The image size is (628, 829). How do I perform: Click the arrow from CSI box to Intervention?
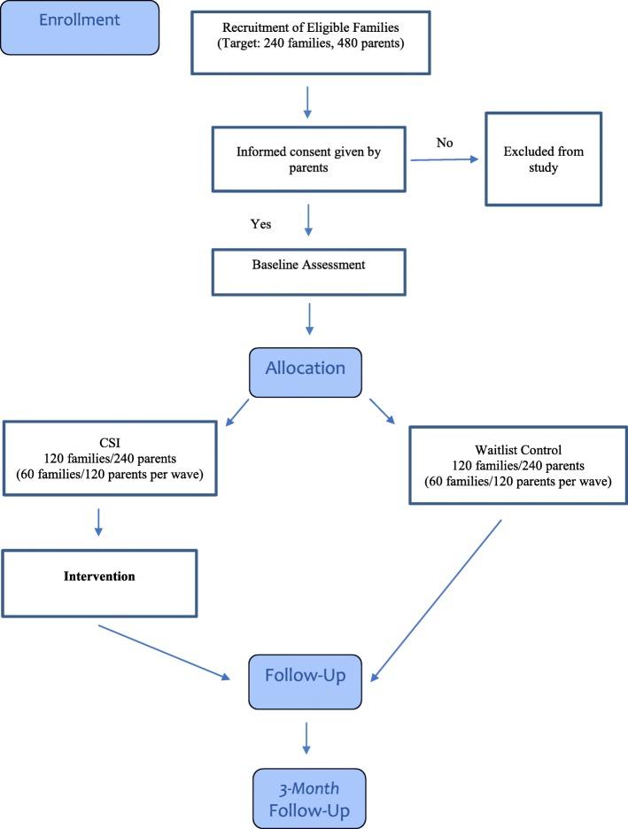pos(97,523)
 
